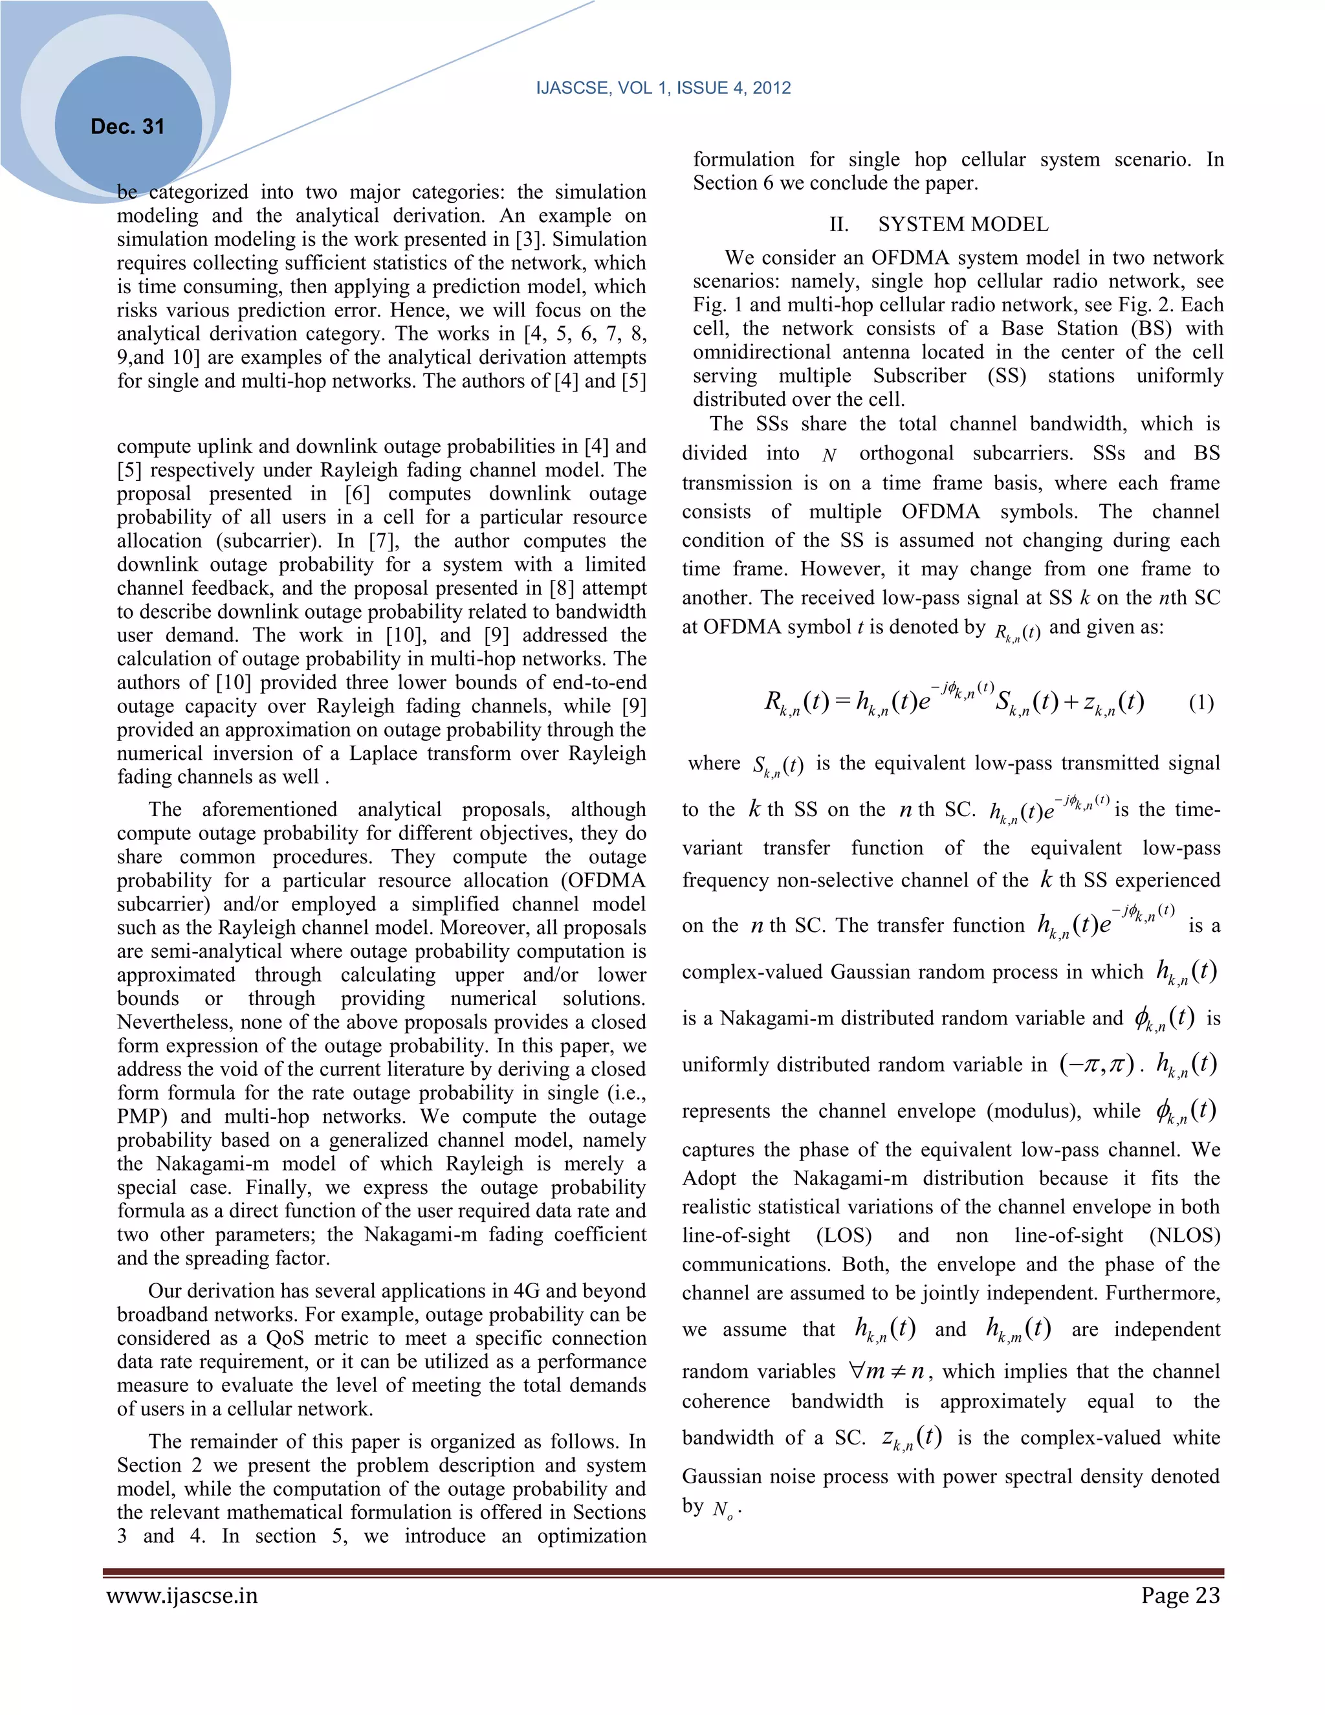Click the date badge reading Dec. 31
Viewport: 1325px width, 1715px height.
[127, 126]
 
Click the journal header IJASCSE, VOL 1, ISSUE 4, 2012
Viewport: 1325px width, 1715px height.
[663, 88]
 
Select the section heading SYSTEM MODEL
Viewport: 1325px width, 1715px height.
[963, 225]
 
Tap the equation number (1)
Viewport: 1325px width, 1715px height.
[1201, 702]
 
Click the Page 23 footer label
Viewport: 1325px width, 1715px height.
[1181, 1595]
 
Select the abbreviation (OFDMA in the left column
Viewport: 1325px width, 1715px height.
[594, 880]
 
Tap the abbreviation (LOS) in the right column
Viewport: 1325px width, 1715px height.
[844, 1235]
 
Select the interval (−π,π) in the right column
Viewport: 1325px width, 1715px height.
[1097, 1065]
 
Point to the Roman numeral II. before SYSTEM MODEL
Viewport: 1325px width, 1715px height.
[838, 225]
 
